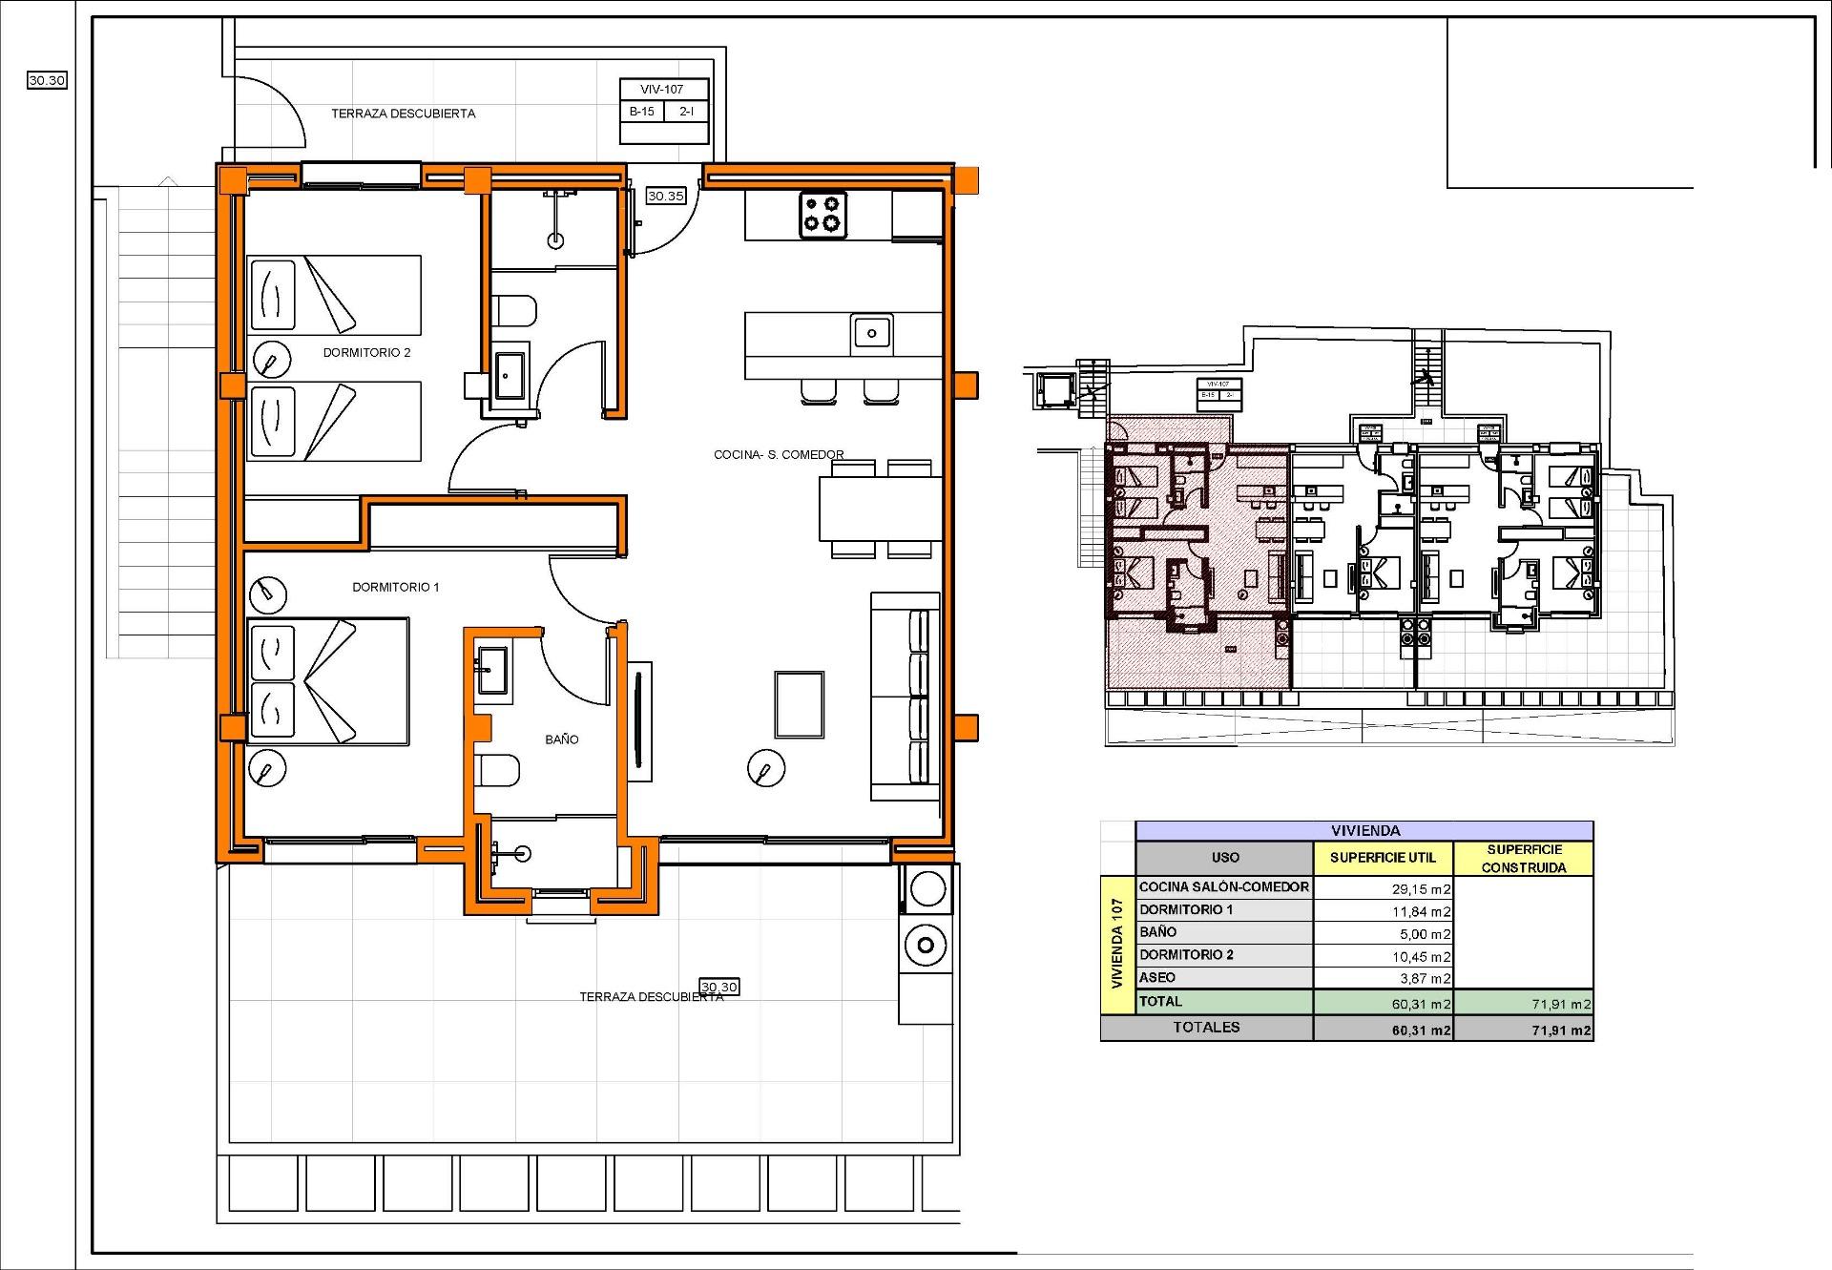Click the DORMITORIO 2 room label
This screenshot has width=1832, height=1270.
366,353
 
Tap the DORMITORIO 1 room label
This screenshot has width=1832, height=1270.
396,588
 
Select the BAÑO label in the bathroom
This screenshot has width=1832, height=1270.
562,739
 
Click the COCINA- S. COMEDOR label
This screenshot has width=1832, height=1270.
779,455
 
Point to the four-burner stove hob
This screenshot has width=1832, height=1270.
822,215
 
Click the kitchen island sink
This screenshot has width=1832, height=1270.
871,333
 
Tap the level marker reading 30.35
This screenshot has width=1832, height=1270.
665,197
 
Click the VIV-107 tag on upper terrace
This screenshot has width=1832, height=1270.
662,90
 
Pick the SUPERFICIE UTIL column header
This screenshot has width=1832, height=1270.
1383,858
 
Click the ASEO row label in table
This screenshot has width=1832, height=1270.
1157,977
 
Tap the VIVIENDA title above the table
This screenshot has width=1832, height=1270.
1364,831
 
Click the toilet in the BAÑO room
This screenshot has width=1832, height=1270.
498,770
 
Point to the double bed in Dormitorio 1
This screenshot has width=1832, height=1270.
329,681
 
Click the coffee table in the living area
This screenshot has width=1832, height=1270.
799,704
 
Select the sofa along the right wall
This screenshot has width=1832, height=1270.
906,697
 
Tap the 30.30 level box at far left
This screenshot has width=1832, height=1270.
47,81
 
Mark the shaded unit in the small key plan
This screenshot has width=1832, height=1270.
1197,563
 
